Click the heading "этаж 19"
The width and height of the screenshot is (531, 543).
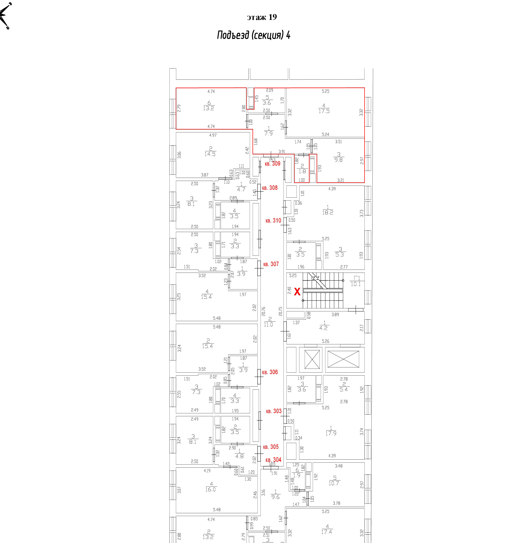[262, 17]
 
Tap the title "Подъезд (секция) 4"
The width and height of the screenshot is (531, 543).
[254, 35]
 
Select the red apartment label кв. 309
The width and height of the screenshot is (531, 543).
[272, 164]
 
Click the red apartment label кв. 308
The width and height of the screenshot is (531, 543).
[270, 188]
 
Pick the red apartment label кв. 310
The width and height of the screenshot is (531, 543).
[273, 221]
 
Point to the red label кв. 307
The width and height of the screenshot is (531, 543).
[271, 264]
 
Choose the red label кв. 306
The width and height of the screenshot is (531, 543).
[270, 372]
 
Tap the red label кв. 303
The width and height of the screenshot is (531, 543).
[274, 411]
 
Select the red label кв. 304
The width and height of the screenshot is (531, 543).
[273, 460]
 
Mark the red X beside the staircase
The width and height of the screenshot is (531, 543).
[297, 292]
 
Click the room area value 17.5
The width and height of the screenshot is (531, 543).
[324, 111]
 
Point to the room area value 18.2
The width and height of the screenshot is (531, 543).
[328, 212]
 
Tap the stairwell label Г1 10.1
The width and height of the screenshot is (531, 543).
[356, 281]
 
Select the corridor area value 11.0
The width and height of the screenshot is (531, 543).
[268, 325]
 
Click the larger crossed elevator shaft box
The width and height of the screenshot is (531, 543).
[343, 359]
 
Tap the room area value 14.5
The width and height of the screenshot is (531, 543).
[210, 154]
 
